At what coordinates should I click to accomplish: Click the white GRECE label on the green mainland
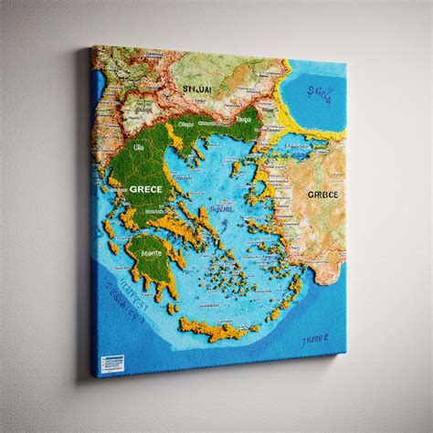point(146,188)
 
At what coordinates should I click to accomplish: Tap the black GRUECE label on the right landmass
point(322,195)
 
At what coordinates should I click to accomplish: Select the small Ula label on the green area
point(140,146)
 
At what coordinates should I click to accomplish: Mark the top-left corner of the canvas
point(92,47)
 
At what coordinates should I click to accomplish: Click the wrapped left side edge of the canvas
point(95,210)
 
